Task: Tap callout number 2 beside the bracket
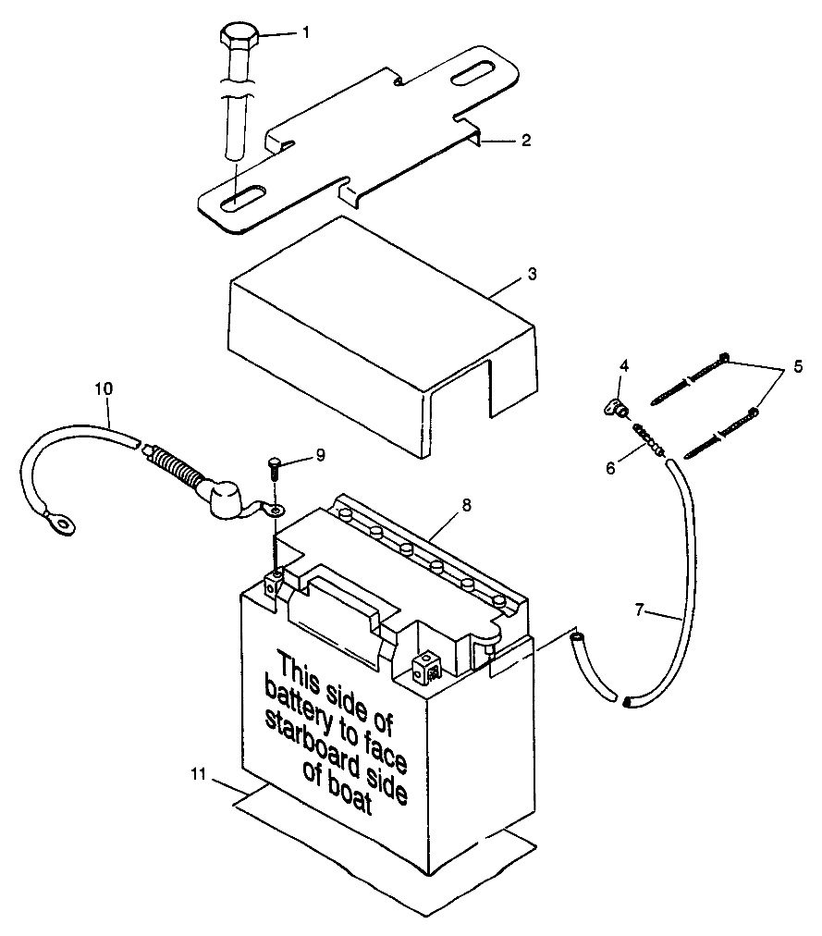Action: pos(525,142)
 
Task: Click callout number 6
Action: pos(610,468)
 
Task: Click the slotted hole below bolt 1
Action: pos(239,195)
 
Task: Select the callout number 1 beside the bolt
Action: pos(305,32)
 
